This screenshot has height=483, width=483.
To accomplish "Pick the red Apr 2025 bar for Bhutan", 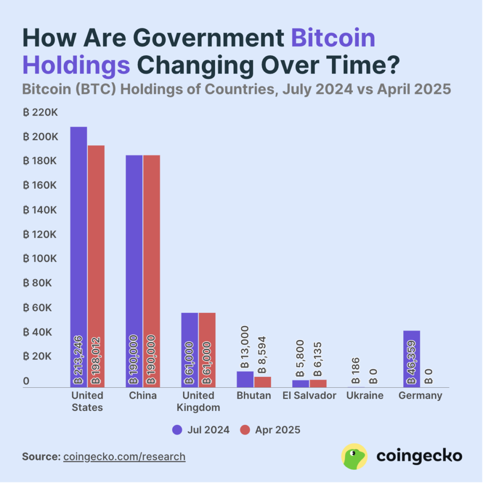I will point(263,382).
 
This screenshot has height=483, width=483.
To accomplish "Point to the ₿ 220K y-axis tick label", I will point(41,113).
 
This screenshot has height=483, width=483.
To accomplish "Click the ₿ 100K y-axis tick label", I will point(41,259).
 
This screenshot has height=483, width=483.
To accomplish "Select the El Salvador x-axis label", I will point(309,395).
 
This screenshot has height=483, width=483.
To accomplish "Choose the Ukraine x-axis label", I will point(365,395).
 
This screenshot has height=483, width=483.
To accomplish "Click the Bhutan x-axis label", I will point(254,395).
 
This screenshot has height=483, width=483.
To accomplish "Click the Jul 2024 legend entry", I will point(201,430).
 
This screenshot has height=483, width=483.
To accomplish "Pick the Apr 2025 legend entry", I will point(270,430).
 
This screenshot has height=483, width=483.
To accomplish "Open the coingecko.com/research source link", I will point(124,457).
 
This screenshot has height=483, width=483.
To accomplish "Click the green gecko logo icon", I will point(354,457).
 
